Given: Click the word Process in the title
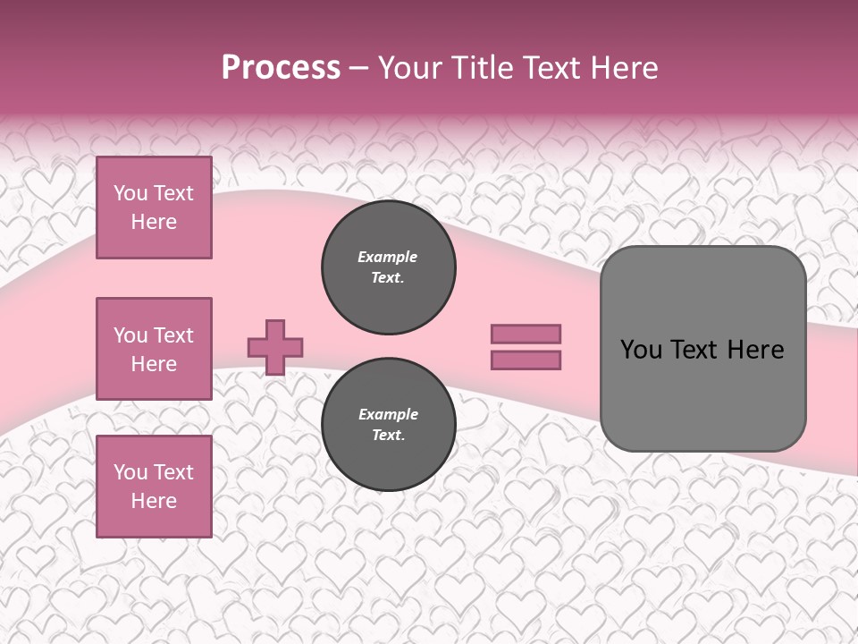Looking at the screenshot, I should (281, 68).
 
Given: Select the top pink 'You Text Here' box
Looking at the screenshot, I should (154, 208).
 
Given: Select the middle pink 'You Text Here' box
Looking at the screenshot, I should (154, 349).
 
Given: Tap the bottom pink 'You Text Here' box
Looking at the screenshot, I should (154, 487).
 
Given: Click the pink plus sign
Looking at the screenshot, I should (275, 347).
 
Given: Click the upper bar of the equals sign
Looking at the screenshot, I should (526, 334).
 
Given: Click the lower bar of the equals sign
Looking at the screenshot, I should (526, 360).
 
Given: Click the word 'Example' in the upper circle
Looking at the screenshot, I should (388, 257).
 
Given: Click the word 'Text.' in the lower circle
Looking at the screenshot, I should (388, 436).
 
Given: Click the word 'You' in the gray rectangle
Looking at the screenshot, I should (641, 350).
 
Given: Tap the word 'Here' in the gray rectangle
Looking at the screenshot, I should (755, 350).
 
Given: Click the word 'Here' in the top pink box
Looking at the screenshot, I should (154, 222).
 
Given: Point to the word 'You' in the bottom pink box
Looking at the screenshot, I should (130, 472).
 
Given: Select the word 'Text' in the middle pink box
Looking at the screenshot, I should (172, 335).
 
